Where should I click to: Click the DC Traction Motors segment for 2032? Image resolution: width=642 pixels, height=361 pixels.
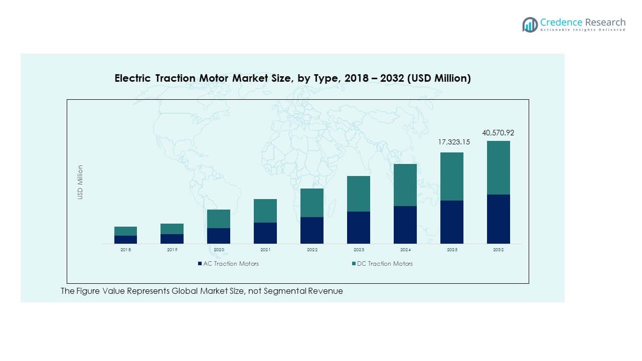click(x=498, y=167)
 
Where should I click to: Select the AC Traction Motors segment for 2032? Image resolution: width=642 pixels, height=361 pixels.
click(x=498, y=219)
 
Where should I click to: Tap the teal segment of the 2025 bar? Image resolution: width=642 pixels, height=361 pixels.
click(x=451, y=176)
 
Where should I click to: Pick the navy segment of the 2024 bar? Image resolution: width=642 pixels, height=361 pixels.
click(x=405, y=225)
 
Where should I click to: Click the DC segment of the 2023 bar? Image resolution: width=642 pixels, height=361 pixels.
click(x=359, y=194)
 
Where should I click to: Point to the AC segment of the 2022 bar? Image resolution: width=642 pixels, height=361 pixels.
click(x=312, y=230)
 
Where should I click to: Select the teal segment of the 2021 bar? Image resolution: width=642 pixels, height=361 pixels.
click(x=265, y=211)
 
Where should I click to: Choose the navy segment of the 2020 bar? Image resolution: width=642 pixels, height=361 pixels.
click(x=219, y=236)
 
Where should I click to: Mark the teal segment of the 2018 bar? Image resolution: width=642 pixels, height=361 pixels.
click(x=125, y=231)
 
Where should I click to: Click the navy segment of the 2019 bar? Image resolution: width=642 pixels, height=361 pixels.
click(x=172, y=239)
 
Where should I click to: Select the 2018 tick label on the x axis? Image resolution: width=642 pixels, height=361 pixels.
click(x=125, y=250)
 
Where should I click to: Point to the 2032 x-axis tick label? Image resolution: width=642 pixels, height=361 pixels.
click(x=498, y=250)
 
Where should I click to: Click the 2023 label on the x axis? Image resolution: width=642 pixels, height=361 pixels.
click(x=359, y=250)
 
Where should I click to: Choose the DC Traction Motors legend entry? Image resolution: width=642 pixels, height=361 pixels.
click(x=385, y=263)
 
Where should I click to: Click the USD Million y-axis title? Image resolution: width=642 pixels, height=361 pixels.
click(x=80, y=182)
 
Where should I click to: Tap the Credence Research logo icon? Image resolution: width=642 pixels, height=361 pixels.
click(x=530, y=25)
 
